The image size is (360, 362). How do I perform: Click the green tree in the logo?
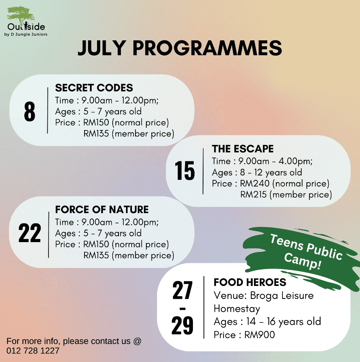20,14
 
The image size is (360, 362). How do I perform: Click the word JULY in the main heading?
102,48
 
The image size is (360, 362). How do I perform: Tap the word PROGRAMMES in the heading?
207,48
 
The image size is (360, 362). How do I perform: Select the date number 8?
29,112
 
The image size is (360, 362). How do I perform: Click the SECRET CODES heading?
94,88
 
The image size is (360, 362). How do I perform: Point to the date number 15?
184,170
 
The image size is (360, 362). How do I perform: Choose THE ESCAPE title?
243,149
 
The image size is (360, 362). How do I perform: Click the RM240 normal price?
255,183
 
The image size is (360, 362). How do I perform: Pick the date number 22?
29,233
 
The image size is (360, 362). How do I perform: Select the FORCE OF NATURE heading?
102,210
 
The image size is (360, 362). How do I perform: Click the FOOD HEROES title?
250,282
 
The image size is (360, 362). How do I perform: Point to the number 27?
182,290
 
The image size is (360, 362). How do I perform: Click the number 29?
182,325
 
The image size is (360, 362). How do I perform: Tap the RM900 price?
259,335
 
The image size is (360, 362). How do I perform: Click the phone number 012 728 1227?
33,351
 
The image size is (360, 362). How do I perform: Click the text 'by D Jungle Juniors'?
26,34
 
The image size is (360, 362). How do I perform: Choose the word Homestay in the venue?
237,309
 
